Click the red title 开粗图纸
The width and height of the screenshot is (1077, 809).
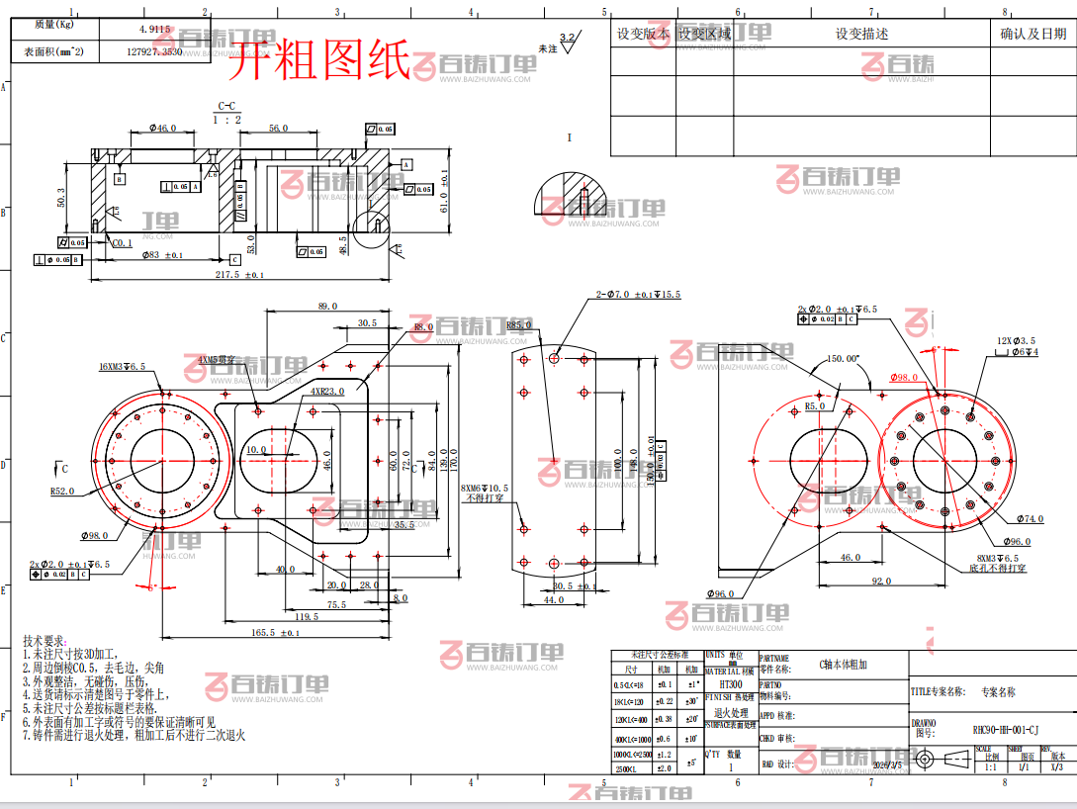coord(319,61)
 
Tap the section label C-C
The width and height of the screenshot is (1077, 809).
coord(226,106)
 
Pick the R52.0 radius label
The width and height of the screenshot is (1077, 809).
coord(62,491)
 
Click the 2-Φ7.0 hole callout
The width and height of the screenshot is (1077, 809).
coord(638,295)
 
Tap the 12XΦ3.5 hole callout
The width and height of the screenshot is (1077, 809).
coord(1017,341)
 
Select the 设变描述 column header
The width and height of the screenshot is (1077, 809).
coord(861,34)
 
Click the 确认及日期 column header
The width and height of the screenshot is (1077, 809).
coord(1033,34)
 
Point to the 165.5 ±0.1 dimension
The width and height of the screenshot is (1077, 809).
coord(276,632)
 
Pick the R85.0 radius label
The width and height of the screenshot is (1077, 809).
coord(520,325)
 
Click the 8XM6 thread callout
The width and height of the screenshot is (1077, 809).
coord(485,489)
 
